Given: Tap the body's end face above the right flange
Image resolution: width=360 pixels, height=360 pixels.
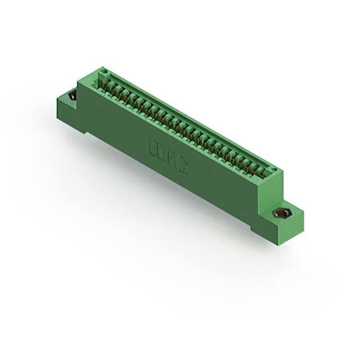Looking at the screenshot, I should tap(271, 191).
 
